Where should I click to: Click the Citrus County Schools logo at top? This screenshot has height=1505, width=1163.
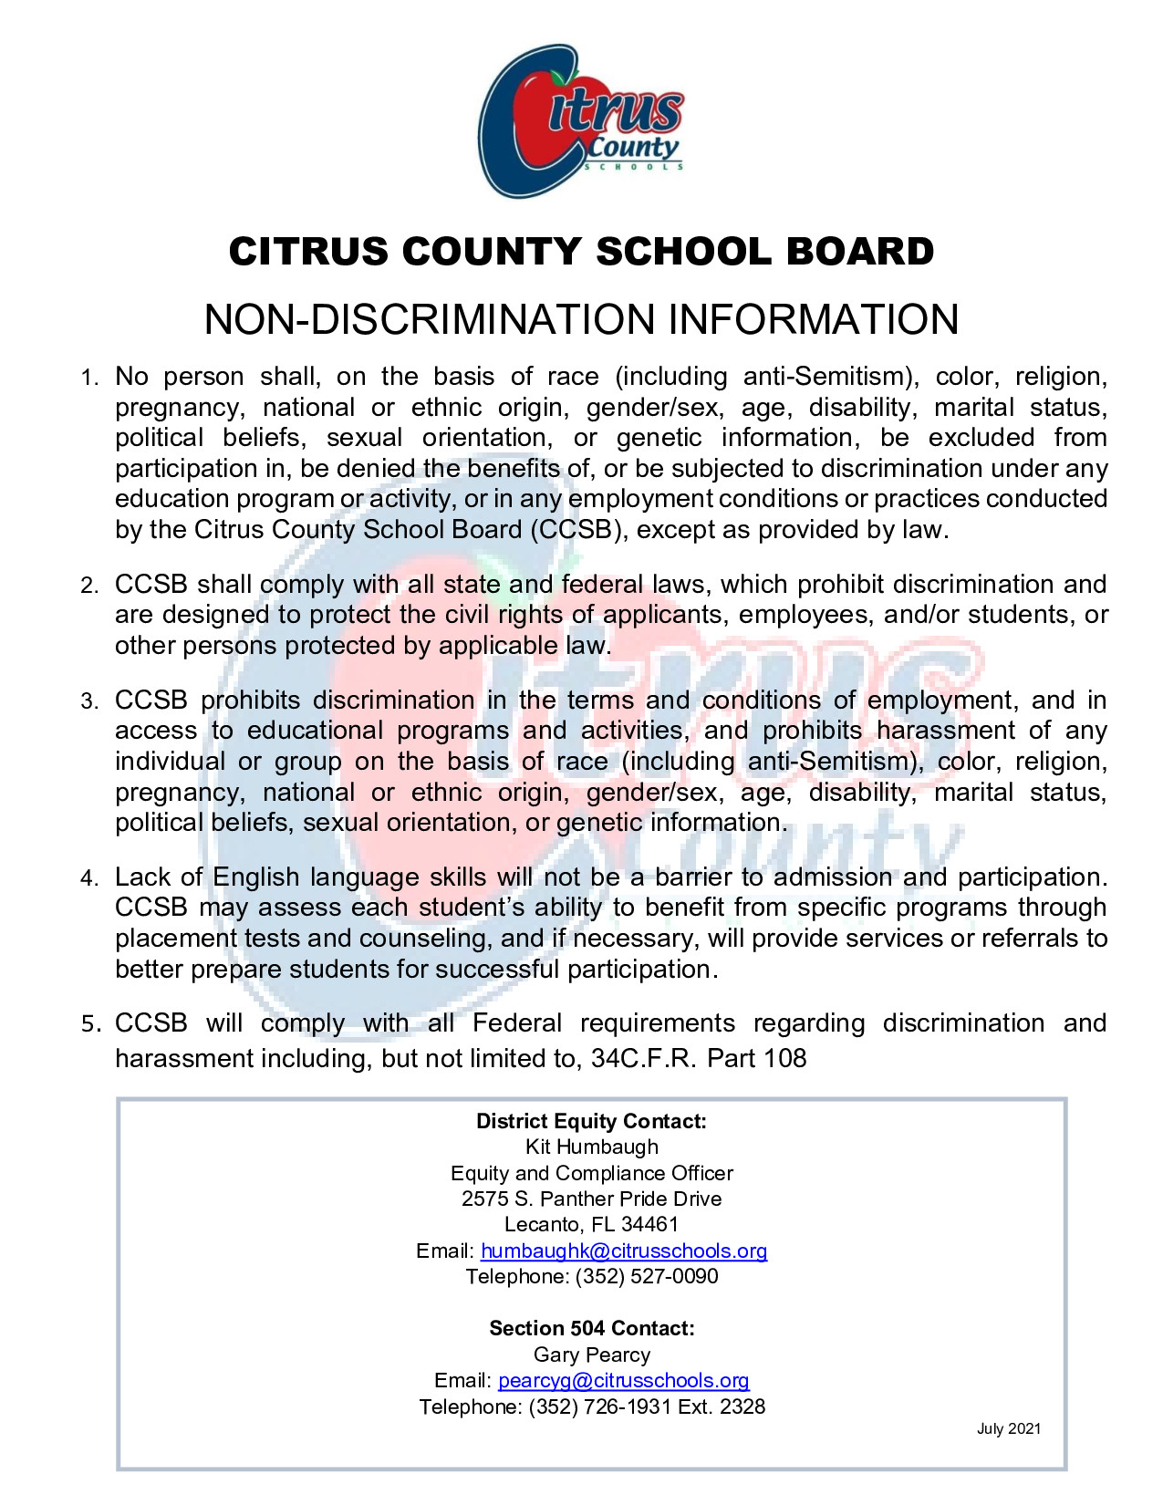pyautogui.click(x=581, y=121)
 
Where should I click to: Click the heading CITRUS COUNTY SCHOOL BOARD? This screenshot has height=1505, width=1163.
pyautogui.click(x=581, y=252)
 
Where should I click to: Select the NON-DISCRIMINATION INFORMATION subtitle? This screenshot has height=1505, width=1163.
pyautogui.click(x=581, y=319)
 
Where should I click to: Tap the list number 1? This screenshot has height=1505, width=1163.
pyautogui.click(x=88, y=378)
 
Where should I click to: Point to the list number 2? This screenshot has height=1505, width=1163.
pyautogui.click(x=88, y=586)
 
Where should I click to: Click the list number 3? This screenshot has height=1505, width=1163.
pyautogui.click(x=88, y=701)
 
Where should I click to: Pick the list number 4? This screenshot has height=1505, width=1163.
pyautogui.click(x=88, y=878)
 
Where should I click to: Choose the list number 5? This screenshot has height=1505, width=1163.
pyautogui.click(x=89, y=1024)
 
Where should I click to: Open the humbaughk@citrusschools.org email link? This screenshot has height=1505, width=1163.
pyautogui.click(x=624, y=1251)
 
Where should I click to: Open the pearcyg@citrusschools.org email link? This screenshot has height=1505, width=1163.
pyautogui.click(x=624, y=1381)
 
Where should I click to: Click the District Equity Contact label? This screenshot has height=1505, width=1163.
pyautogui.click(x=591, y=1121)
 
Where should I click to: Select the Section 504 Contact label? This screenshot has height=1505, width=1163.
pyautogui.click(x=591, y=1328)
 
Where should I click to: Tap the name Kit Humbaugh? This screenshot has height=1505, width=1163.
pyautogui.click(x=591, y=1147)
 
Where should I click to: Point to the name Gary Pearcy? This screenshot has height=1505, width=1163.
pyautogui.click(x=591, y=1354)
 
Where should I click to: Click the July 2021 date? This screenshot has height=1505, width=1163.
pyautogui.click(x=1008, y=1428)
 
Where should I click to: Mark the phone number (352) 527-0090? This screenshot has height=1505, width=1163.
pyautogui.click(x=647, y=1276)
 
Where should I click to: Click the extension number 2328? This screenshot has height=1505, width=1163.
pyautogui.click(x=742, y=1406)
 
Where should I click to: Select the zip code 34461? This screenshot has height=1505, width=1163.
pyautogui.click(x=649, y=1224)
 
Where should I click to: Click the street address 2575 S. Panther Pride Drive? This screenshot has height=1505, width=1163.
pyautogui.click(x=591, y=1199)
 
